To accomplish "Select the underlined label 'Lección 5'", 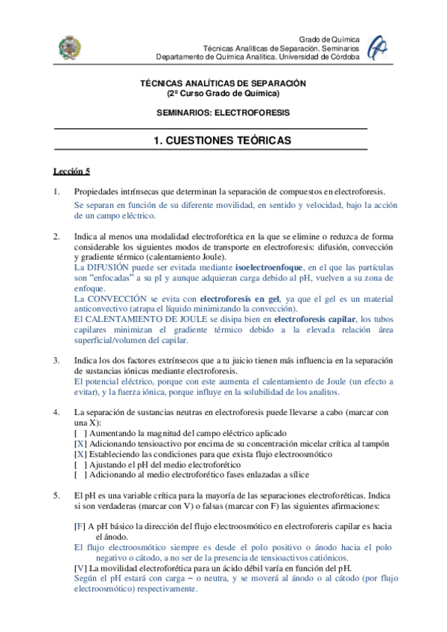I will (x=71, y=171).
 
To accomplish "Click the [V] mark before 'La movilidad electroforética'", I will (x=80, y=567).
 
